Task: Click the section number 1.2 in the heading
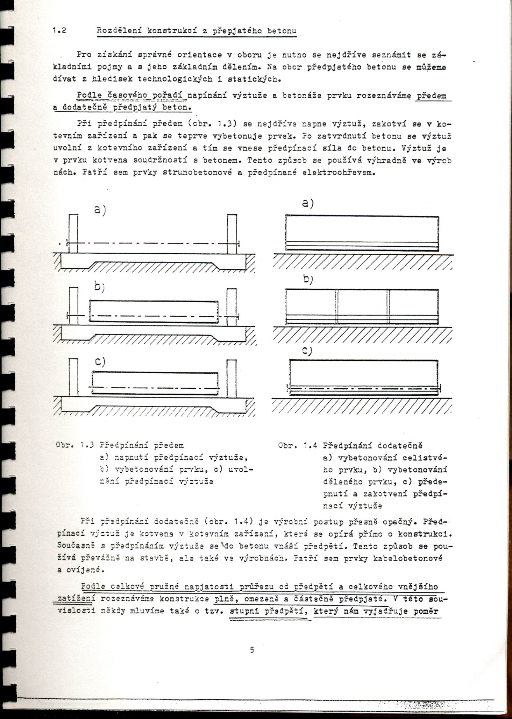[59, 30]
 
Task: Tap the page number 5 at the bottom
[252, 650]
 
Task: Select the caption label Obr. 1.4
[298, 445]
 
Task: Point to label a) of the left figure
[100, 210]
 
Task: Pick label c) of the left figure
[100, 361]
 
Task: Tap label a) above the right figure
[308, 203]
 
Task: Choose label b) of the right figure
[308, 280]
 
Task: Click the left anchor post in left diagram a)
[73, 233]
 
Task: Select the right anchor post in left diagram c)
[231, 378]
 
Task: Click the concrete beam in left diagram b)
[154, 310]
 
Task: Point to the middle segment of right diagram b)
[362, 306]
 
